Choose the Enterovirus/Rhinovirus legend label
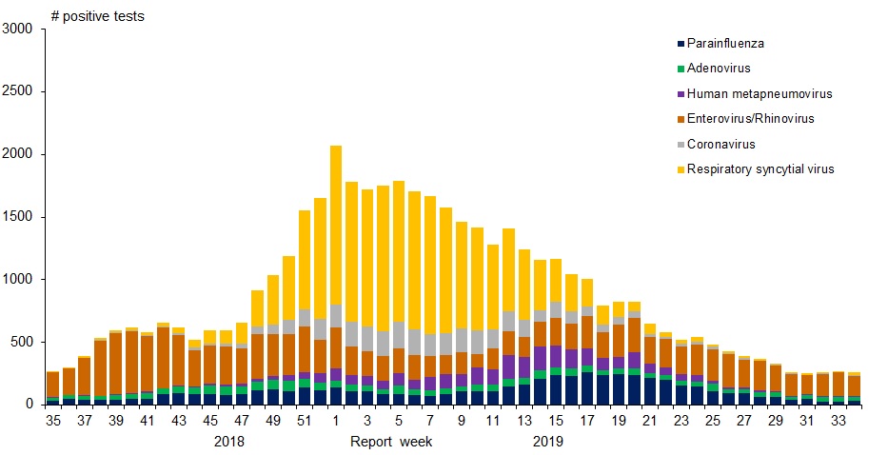click(x=751, y=119)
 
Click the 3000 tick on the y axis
click(x=19, y=30)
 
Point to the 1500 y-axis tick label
click(x=19, y=217)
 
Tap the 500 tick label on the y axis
click(x=23, y=342)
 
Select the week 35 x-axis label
click(x=52, y=420)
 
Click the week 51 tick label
click(x=305, y=420)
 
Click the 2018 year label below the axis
click(x=229, y=442)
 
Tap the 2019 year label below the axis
click(x=547, y=442)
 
